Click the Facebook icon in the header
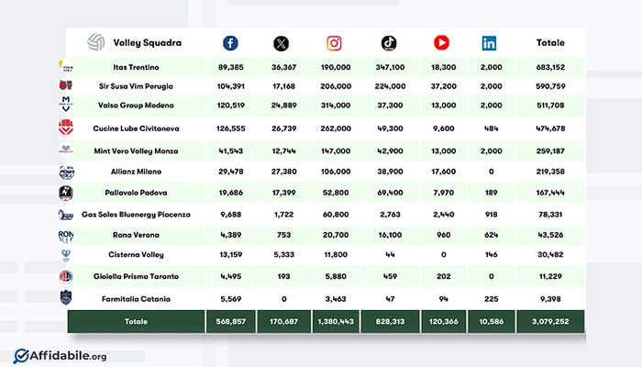230,42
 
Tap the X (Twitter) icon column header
281,42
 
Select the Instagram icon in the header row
335,42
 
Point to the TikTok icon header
388,42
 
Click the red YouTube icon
441,42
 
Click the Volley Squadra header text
147,42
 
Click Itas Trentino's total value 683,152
550,67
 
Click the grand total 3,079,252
550,322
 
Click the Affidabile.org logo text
65,354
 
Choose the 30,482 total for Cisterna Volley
550,256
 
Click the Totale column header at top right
550,42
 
